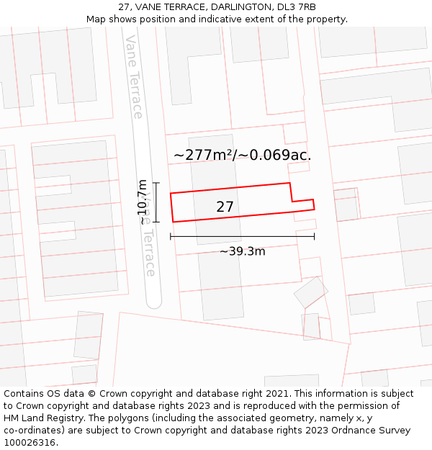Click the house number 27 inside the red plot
[225, 207]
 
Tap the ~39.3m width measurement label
[242, 251]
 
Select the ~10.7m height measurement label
[143, 202]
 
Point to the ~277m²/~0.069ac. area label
[242, 155]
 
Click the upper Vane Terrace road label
[134, 76]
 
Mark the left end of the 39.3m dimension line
[171, 236]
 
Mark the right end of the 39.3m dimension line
[314, 236]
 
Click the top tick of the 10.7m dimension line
[156, 183]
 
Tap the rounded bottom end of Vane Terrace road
[153, 302]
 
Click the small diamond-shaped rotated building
[310, 292]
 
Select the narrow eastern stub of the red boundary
[303, 205]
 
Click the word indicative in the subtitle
[240, 19]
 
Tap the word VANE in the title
[150, 7]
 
